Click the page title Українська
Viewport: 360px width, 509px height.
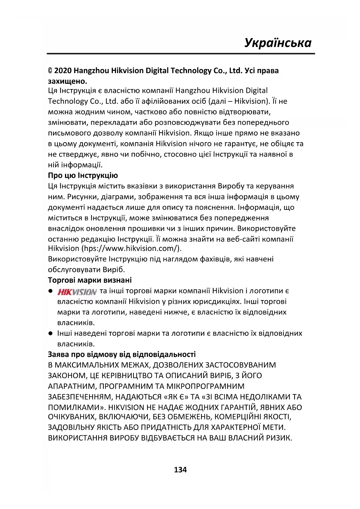pos(278,43)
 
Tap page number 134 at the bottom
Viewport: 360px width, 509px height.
pos(180,470)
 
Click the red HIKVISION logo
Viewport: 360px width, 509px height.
pos(77,291)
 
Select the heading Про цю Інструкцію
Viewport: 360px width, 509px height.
pos(83,176)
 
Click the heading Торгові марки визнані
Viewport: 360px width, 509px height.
pos(90,280)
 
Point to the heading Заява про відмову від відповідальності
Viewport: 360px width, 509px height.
pos(122,354)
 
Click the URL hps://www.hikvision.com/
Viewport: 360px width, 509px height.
pos(131,249)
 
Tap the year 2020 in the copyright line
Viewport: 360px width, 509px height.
pos(63,71)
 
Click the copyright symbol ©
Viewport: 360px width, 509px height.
pos(50,71)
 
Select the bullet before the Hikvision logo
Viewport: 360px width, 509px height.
pos(50,291)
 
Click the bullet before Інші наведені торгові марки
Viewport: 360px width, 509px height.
pos(50,333)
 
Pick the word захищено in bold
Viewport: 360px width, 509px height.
pos(67,81)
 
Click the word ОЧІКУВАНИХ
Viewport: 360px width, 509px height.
pos(72,417)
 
